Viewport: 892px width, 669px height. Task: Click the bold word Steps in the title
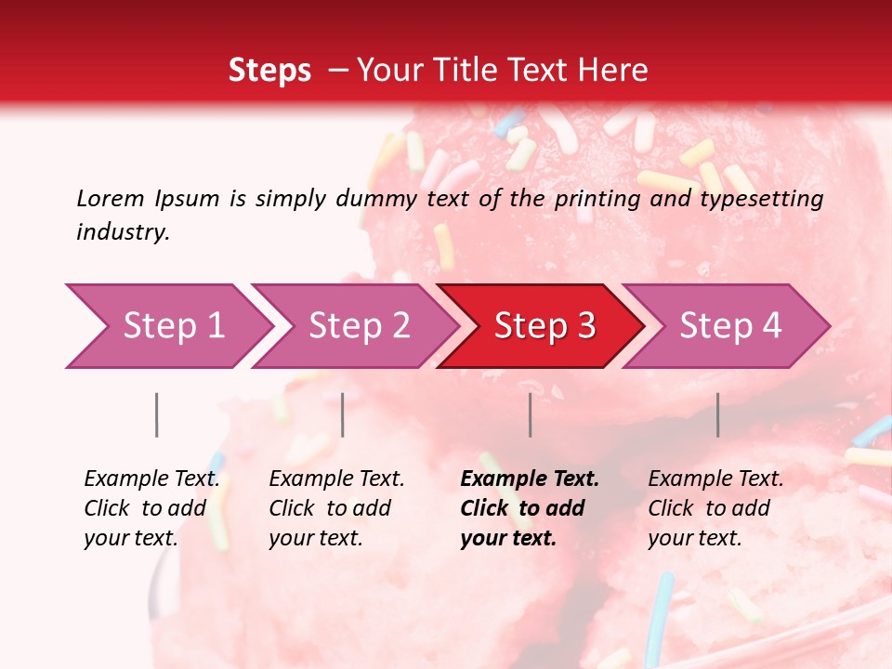(x=269, y=71)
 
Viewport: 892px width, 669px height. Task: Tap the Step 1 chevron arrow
(x=167, y=326)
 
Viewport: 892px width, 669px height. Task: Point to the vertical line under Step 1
(x=157, y=414)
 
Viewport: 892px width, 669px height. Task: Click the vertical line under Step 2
(x=343, y=414)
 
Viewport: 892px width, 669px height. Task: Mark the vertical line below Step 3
(x=531, y=414)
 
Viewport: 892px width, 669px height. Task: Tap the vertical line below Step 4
(x=718, y=414)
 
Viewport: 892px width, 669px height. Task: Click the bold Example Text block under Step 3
(x=529, y=508)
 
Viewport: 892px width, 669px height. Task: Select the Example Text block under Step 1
(x=151, y=508)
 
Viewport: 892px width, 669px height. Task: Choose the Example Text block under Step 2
(x=336, y=508)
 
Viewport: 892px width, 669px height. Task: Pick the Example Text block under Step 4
(x=715, y=508)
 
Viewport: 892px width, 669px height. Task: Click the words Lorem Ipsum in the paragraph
(x=148, y=199)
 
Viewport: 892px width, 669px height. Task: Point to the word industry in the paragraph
(x=122, y=232)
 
